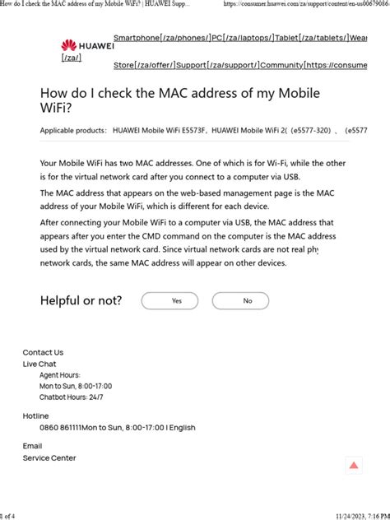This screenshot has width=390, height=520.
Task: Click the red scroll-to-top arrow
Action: click(x=354, y=466)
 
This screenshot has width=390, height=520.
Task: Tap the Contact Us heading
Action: click(x=43, y=352)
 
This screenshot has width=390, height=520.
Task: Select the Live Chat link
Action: click(x=39, y=364)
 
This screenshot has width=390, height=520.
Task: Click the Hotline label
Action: click(x=35, y=416)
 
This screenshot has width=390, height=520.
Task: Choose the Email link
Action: click(x=32, y=446)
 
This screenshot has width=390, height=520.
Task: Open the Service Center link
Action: click(x=49, y=457)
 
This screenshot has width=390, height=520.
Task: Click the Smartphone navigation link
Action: click(x=137, y=39)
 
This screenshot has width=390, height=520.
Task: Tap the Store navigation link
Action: click(x=124, y=65)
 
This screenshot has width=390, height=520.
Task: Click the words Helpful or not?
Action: click(x=81, y=300)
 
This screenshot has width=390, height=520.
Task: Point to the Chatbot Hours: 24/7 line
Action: click(x=72, y=397)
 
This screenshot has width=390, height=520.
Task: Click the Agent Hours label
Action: click(x=60, y=374)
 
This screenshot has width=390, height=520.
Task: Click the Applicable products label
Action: click(x=73, y=130)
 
